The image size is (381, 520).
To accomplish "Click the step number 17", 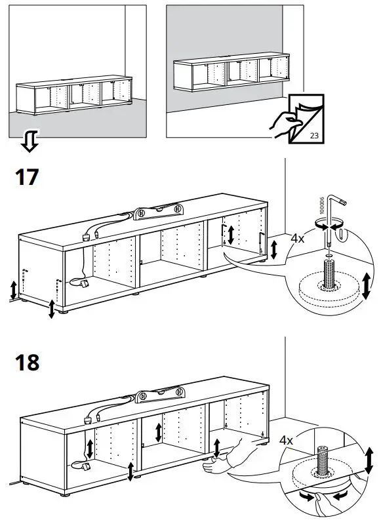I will (26, 177).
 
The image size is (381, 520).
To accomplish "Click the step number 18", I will (27, 362).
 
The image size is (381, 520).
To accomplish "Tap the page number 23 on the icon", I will (314, 135).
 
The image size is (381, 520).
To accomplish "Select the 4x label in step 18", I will (286, 440).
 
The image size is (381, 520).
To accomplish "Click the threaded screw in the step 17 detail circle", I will (328, 272).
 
